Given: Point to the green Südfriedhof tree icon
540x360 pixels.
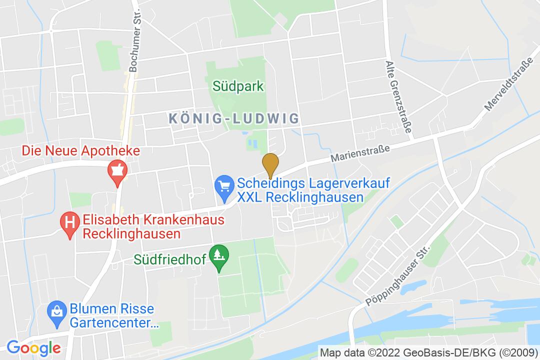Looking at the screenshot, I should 218,255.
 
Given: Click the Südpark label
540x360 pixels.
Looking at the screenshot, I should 238,86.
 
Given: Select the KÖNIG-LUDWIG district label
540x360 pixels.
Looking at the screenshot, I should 234,118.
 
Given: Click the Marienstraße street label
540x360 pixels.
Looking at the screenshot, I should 360,151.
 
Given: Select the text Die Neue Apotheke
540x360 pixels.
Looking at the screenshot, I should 80,150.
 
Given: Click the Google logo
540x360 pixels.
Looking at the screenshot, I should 33,347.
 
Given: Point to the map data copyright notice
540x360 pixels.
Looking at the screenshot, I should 428,352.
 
